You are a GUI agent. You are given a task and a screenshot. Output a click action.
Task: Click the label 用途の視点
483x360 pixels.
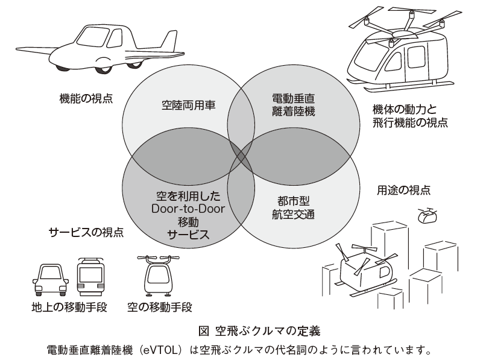[x=403, y=189]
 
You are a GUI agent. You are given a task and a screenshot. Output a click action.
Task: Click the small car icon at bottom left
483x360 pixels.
[x=51, y=279]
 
